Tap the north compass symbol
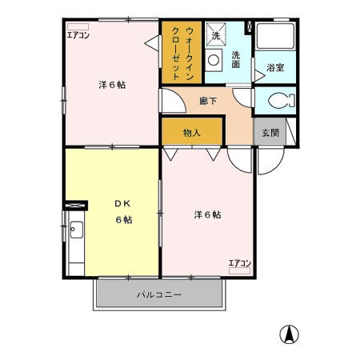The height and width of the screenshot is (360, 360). pos(289,334)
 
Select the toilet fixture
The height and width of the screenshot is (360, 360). pos(278,101)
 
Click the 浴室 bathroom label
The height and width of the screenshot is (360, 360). pos(275,69)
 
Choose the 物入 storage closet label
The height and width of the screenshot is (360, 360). pos(191,133)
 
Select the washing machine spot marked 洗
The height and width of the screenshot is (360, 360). pos(216,36)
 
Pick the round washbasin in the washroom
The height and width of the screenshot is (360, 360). pos(214,59)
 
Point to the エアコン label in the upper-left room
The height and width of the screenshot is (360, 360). pos(78,36)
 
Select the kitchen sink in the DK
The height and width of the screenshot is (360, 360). pos(76,233)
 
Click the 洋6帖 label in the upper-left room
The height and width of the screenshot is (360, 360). pos(113,84)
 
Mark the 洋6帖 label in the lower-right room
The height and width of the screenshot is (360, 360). pos(207,214)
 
